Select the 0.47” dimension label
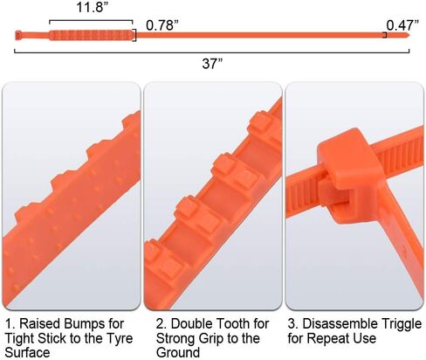click(402, 25)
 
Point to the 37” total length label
click(212, 63)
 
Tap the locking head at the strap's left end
click(18, 36)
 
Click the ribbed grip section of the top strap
click(92, 35)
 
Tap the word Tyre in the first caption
click(120, 338)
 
